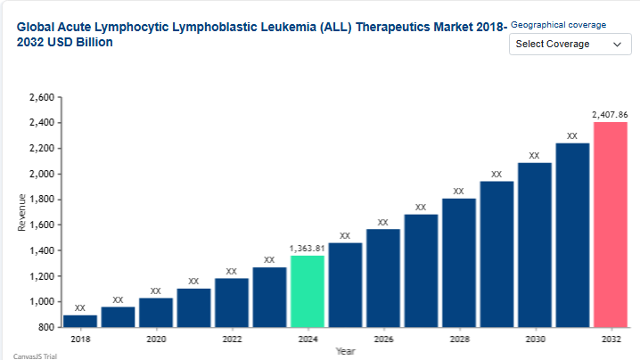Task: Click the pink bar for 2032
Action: point(610,225)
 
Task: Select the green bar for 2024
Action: point(307,291)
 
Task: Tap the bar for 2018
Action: point(80,321)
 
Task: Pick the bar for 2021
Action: point(193,307)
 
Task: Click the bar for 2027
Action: point(421,270)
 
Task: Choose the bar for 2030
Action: point(534,245)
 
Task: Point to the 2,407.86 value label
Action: point(610,114)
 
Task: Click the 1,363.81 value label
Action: point(307,248)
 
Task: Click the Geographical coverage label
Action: point(558,24)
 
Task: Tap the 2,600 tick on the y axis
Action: point(41,97)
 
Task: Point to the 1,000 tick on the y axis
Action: point(41,302)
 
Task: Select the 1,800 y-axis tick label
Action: point(41,200)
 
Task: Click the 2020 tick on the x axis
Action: point(156,340)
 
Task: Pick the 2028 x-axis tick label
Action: point(458,340)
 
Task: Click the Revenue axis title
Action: point(21,212)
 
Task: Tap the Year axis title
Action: point(345,351)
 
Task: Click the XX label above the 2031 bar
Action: point(572,136)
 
